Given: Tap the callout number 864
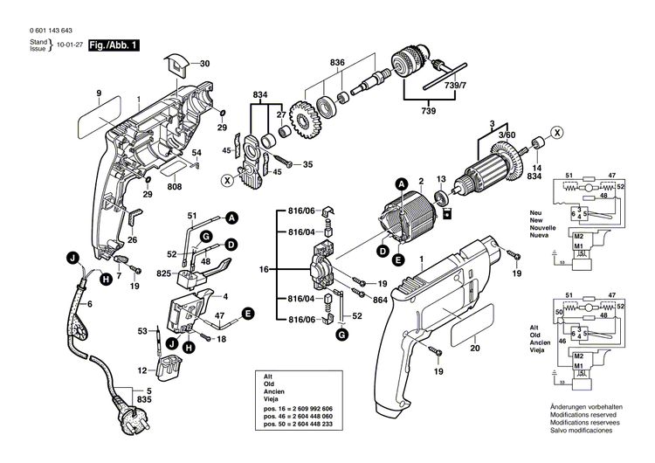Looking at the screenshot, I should click(x=379, y=300).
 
